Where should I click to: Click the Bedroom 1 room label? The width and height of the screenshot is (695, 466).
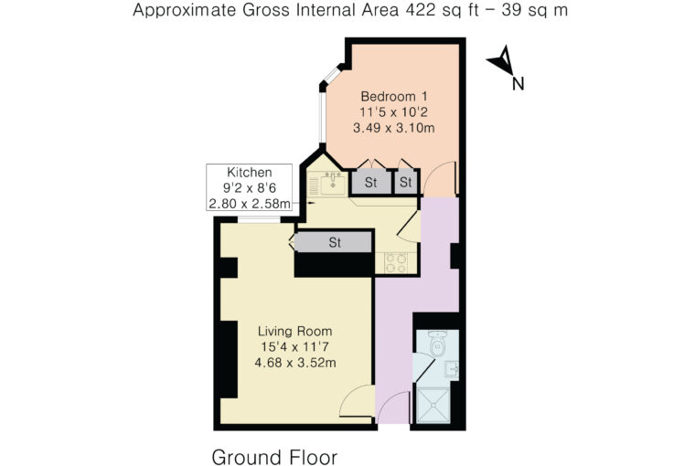(394, 96)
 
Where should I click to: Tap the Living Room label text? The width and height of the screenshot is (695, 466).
(294, 331)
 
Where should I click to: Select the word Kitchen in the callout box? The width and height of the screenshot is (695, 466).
(249, 172)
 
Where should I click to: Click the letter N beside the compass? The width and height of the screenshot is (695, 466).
(518, 84)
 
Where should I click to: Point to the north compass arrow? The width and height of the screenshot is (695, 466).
(501, 60)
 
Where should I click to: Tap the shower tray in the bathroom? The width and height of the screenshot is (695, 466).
(433, 405)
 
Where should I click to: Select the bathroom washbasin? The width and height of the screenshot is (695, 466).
(452, 369)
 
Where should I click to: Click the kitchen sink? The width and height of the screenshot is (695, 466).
(333, 184)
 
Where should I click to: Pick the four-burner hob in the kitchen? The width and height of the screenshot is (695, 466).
(396, 262)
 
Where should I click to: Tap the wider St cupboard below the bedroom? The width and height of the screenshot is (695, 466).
(371, 182)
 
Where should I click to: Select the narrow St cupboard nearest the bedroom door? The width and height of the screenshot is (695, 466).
(405, 182)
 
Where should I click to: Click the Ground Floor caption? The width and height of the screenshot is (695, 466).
(274, 457)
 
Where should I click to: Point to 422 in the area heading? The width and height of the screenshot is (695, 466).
(420, 10)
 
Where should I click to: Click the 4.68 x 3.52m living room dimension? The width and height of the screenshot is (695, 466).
(294, 363)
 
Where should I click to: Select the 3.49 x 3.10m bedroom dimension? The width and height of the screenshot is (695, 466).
(393, 128)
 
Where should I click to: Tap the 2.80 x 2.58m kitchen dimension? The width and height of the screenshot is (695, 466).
(250, 204)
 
